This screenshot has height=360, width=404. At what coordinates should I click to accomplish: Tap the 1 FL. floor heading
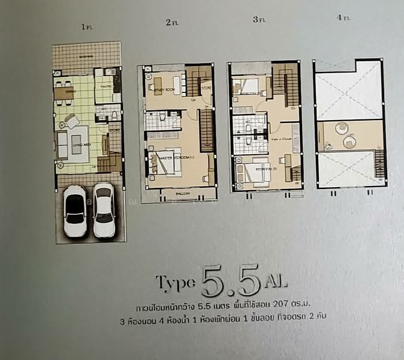point(88,26)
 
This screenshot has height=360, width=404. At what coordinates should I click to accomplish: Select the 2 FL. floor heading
point(171,23)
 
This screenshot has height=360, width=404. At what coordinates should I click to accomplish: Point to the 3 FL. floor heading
point(258,20)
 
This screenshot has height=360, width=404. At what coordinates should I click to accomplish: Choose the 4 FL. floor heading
point(343,18)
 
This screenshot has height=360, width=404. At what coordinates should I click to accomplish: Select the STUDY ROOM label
point(164,91)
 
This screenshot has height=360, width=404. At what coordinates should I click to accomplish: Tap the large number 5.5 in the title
point(231,280)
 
